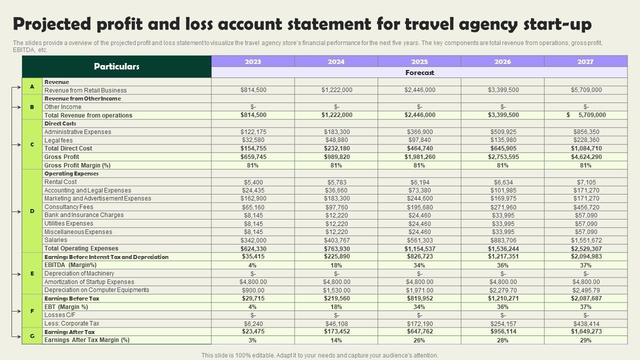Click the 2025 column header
point(419,61)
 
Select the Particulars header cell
point(116,66)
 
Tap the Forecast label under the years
point(419,72)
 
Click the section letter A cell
point(32,86)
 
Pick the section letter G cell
point(32,336)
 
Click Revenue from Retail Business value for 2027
point(586,90)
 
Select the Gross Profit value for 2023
point(253,157)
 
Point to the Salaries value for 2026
point(502,240)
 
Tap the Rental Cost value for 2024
point(336,182)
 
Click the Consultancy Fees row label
point(69,207)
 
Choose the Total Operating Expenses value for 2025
point(419,248)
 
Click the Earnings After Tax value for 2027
point(586,331)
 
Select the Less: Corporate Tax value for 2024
point(336,323)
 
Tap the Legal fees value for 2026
point(502,140)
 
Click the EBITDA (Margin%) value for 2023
point(253,265)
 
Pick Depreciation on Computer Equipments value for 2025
point(419,290)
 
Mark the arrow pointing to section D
point(16,211)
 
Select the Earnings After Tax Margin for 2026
point(502,340)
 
